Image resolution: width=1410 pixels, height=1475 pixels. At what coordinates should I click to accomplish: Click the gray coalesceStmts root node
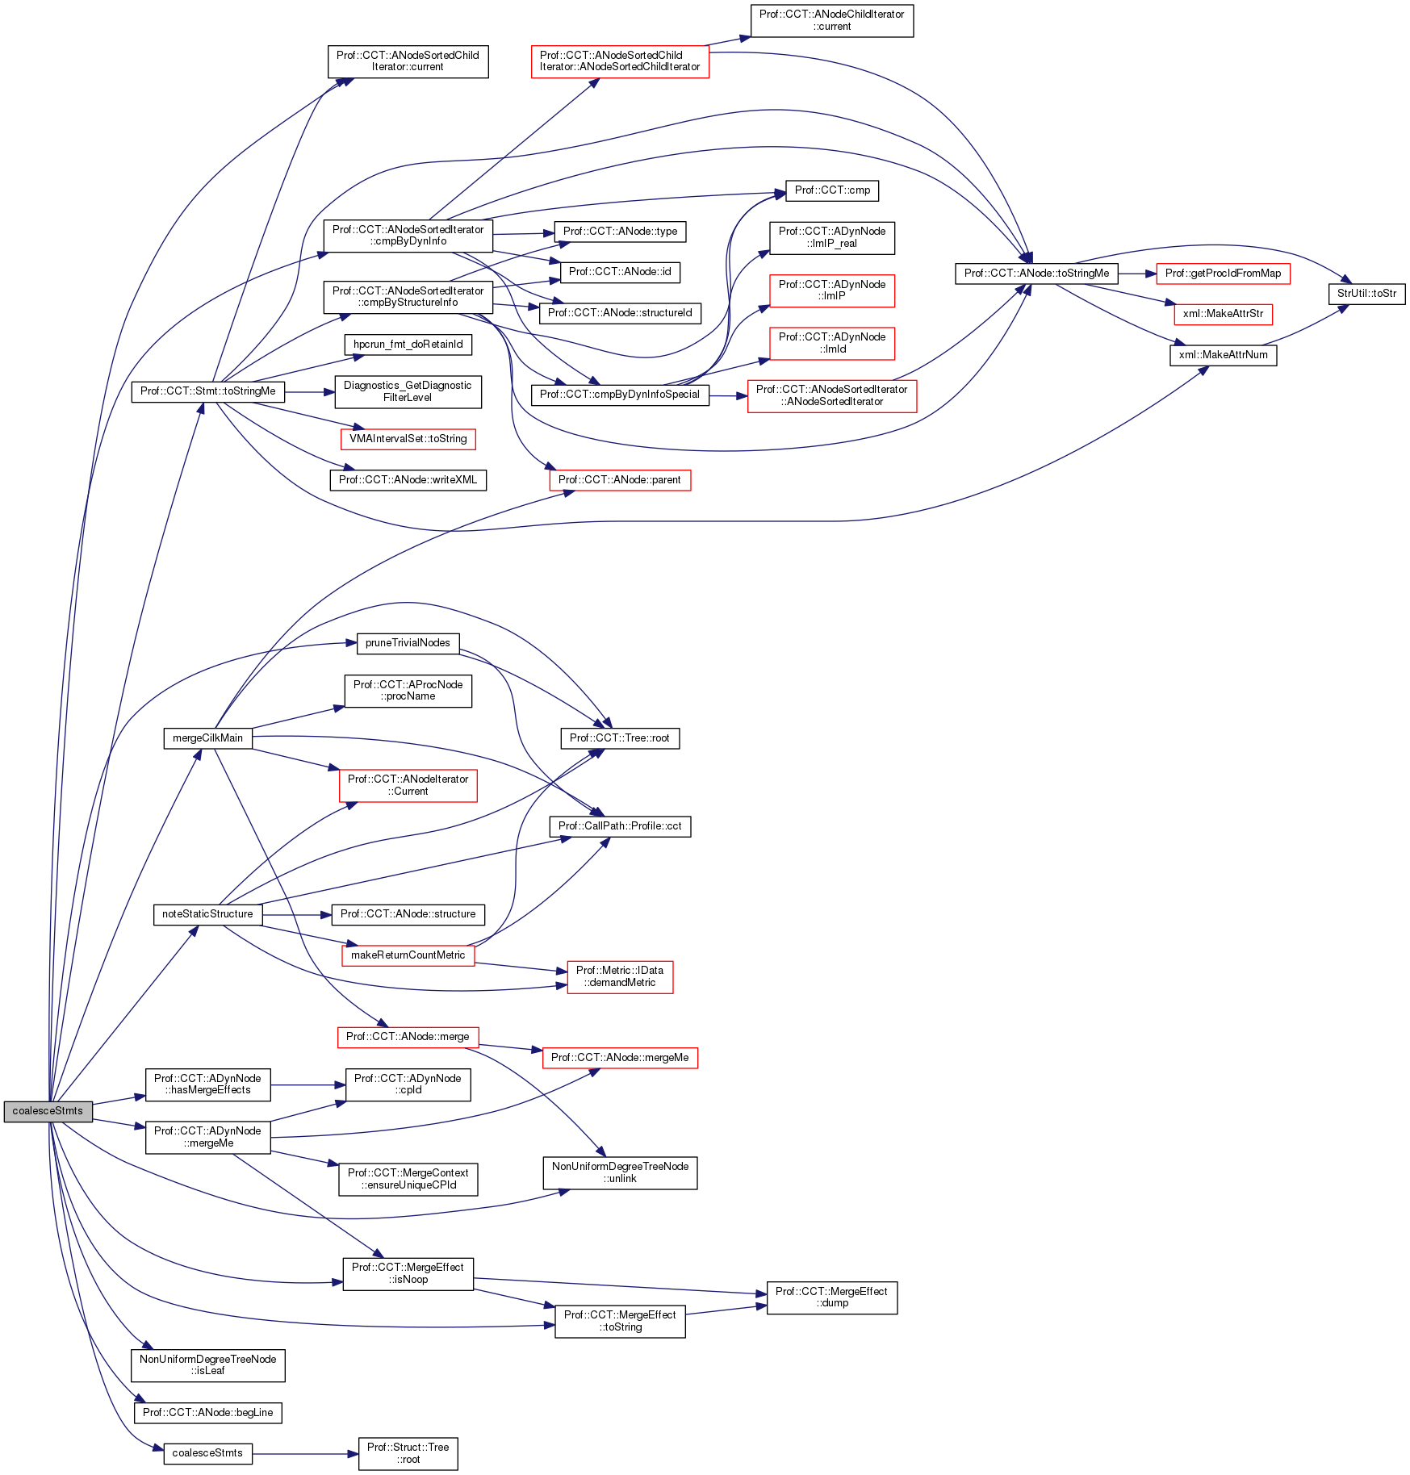pyautogui.click(x=48, y=1111)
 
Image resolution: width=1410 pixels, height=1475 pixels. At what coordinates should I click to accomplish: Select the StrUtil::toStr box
pyautogui.click(x=1366, y=294)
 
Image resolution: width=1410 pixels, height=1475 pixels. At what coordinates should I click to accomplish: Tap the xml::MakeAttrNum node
pyautogui.click(x=1223, y=355)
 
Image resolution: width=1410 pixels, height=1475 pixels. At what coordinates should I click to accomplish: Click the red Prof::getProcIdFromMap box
pyautogui.click(x=1223, y=274)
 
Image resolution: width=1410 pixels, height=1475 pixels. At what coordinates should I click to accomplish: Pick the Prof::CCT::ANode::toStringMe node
pyautogui.click(x=1036, y=274)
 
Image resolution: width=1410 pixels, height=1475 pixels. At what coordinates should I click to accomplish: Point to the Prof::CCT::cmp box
pyautogui.click(x=832, y=190)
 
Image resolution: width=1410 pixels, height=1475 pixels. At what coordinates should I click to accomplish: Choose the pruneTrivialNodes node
pyautogui.click(x=408, y=643)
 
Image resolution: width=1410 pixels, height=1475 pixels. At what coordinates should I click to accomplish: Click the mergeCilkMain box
pyautogui.click(x=207, y=738)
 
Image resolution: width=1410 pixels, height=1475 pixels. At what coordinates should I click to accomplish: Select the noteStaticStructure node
pyautogui.click(x=207, y=914)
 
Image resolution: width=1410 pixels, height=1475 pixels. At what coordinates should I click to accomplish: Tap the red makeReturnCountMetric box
pyautogui.click(x=408, y=955)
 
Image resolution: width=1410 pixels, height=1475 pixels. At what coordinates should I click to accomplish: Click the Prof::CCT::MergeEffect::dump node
pyautogui.click(x=831, y=1297)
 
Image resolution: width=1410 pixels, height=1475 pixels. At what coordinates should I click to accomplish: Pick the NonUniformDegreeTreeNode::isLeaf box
pyautogui.click(x=207, y=1365)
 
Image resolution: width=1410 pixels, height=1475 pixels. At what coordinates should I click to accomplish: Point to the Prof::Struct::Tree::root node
pyautogui.click(x=408, y=1453)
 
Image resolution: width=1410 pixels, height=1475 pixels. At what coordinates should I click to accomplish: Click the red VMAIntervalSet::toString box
pyautogui.click(x=408, y=439)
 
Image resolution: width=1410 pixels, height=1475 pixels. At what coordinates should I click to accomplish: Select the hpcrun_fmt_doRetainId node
pyautogui.click(x=408, y=345)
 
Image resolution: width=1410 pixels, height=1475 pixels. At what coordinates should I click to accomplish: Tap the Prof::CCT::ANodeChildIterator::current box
pyautogui.click(x=831, y=20)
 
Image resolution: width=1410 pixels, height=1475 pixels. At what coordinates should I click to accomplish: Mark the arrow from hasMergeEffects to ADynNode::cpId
pyautogui.click(x=308, y=1085)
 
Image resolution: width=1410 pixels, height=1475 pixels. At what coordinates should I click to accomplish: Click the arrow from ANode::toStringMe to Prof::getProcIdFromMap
pyautogui.click(x=1137, y=274)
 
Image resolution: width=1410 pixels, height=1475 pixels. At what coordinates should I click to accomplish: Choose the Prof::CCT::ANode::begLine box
pyautogui.click(x=207, y=1413)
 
